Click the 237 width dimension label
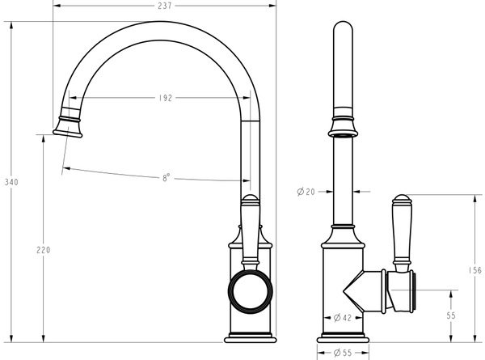(x=165, y=6)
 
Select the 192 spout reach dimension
(x=166, y=98)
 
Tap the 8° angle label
(x=166, y=178)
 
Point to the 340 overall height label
(x=11, y=182)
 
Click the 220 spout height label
(x=44, y=250)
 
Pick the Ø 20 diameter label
(x=306, y=192)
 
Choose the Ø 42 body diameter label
(x=343, y=318)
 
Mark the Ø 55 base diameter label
(x=343, y=353)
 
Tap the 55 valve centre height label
(x=451, y=316)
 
